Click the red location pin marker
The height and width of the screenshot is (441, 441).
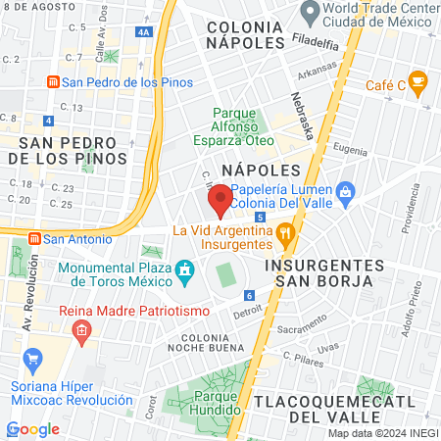pos(220,201)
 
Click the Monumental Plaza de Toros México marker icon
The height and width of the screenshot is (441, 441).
pos(184,269)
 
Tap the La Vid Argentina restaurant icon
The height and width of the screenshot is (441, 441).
pos(285,233)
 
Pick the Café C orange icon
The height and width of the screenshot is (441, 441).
pos(418,81)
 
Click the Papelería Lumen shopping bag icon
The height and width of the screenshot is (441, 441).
pos(345,191)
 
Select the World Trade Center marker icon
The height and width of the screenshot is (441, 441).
pos(311,14)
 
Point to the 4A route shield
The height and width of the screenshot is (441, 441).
pos(145,32)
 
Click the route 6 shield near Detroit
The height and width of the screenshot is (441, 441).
pos(250,296)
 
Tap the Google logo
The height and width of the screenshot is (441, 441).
pos(32,428)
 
